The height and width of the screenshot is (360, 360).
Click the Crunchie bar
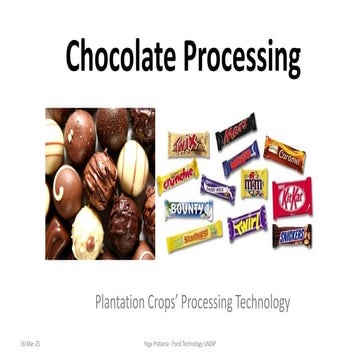coord(177,177)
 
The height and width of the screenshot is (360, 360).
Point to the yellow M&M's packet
coord(254,183)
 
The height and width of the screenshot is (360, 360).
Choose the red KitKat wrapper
coord(292,197)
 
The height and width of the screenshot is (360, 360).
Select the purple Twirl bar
coord(247,223)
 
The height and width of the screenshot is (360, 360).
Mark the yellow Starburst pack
coord(194,238)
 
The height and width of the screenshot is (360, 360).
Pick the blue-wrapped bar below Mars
coord(240,158)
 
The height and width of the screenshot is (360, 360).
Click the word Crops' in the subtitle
coord(170,300)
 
